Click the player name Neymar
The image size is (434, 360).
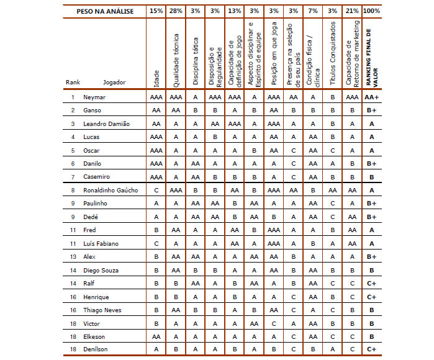click(x=94, y=97)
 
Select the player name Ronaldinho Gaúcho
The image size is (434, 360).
click(x=110, y=190)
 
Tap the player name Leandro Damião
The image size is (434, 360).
click(x=106, y=124)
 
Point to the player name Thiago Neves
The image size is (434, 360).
click(x=102, y=310)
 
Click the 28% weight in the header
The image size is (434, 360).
click(x=176, y=11)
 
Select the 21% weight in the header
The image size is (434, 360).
click(x=352, y=11)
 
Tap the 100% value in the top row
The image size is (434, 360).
click(x=371, y=11)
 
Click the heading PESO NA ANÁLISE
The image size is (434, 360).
click(x=104, y=11)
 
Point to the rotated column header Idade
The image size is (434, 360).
click(x=156, y=78)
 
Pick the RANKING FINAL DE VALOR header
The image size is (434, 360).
click(x=371, y=56)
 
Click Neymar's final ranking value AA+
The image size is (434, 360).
click(x=371, y=97)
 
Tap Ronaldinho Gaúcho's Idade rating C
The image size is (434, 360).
click(x=156, y=190)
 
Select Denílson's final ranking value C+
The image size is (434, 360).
click(x=371, y=349)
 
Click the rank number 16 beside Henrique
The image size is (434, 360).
click(x=73, y=297)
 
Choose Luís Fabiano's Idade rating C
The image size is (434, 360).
click(x=156, y=243)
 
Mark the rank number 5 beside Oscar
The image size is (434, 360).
click(x=73, y=150)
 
